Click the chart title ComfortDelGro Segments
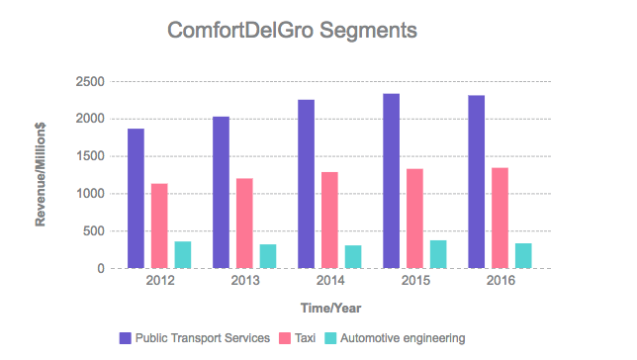click(292, 31)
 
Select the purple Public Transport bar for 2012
click(136, 198)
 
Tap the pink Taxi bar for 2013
click(244, 224)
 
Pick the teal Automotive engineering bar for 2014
click(353, 257)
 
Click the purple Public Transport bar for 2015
click(392, 181)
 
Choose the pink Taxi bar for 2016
click(500, 218)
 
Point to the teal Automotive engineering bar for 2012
click(183, 255)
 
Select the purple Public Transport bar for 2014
click(306, 184)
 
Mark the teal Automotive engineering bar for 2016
click(523, 255)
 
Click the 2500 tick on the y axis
click(90, 82)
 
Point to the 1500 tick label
click(90, 156)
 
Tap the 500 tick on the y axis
click(93, 231)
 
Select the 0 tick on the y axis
click(100, 269)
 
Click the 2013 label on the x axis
click(245, 280)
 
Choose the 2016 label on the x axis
click(500, 280)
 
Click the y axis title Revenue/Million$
click(41, 175)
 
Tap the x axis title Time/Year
click(330, 309)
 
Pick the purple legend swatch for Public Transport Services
click(125, 338)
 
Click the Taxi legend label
click(305, 338)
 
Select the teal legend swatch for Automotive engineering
click(330, 338)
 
